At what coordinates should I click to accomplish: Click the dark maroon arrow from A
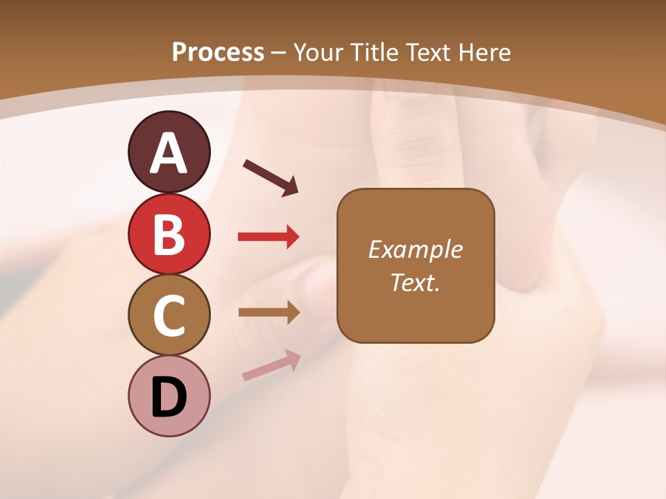pyautogui.click(x=271, y=177)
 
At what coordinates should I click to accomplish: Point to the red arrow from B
pyautogui.click(x=268, y=237)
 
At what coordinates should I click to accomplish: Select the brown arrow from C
pyautogui.click(x=268, y=312)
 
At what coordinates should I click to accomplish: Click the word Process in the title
pyautogui.click(x=218, y=53)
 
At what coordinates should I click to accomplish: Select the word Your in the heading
pyautogui.click(x=319, y=53)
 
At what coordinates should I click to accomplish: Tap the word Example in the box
pyautogui.click(x=415, y=249)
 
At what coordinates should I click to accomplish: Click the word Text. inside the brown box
pyautogui.click(x=415, y=283)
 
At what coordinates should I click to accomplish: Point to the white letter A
pyautogui.click(x=169, y=154)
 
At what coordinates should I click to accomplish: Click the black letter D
pyautogui.click(x=169, y=398)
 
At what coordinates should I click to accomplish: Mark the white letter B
pyautogui.click(x=169, y=234)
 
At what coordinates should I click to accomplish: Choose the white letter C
pyautogui.click(x=169, y=315)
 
